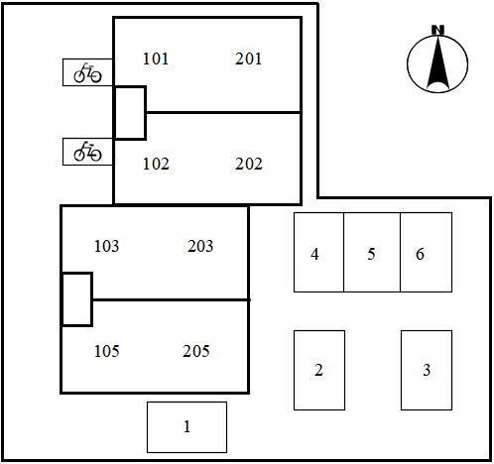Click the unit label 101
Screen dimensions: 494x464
click(x=156, y=58)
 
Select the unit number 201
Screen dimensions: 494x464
click(x=248, y=58)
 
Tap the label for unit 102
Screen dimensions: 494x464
click(x=156, y=164)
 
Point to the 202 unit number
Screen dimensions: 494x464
click(x=249, y=164)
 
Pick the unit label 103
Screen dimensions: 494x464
click(x=106, y=246)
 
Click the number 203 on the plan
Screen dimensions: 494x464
click(x=200, y=246)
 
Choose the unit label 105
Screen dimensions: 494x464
click(x=106, y=351)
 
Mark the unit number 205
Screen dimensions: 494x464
click(x=196, y=351)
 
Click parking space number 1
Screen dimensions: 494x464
click(x=186, y=426)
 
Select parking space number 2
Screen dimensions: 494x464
click(x=318, y=370)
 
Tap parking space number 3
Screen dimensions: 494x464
click(x=427, y=370)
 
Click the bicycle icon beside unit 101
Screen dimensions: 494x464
click(x=87, y=72)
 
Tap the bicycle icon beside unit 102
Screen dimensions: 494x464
click(x=87, y=152)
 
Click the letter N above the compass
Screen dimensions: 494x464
click(x=437, y=30)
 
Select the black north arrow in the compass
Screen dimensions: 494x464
click(x=437, y=62)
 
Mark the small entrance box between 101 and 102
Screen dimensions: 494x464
click(x=130, y=113)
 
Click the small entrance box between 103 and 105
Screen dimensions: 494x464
click(x=77, y=299)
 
